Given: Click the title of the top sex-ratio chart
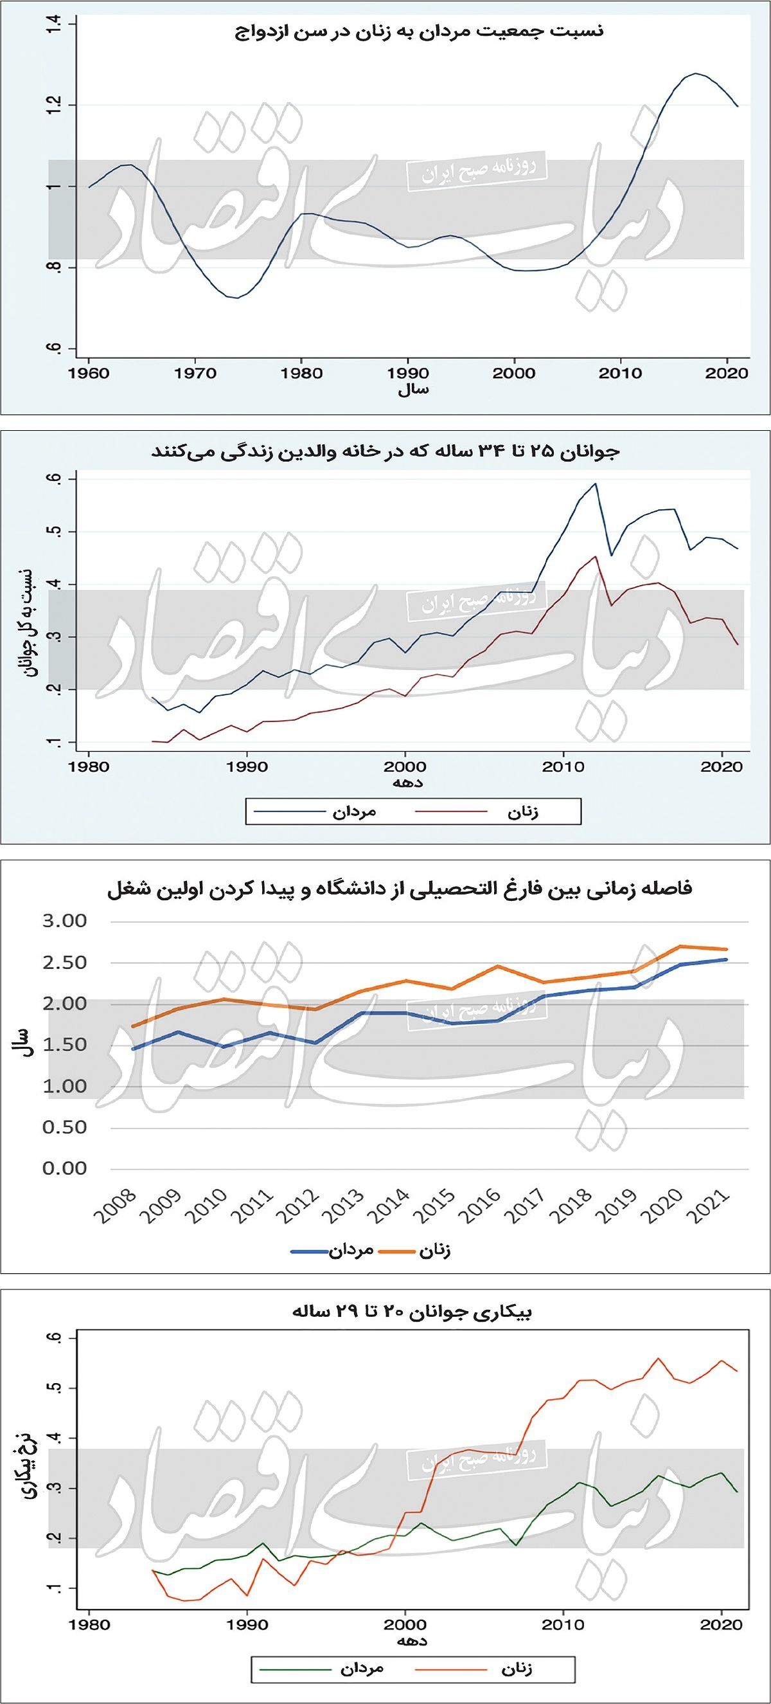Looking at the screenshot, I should [x=419, y=32].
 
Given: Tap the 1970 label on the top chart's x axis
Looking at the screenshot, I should [x=195, y=373].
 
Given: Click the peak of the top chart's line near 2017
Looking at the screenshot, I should [x=696, y=73].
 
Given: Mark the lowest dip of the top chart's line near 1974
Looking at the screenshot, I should [x=236, y=298].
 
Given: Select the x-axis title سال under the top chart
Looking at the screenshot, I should [x=412, y=390].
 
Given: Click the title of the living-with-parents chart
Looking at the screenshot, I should [x=386, y=452].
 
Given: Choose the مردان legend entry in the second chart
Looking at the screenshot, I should [x=353, y=811].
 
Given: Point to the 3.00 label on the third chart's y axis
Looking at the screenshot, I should [x=65, y=921].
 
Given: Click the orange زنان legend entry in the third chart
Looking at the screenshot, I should [x=435, y=1251].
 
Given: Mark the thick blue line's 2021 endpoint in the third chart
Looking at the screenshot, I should [x=726, y=960].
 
